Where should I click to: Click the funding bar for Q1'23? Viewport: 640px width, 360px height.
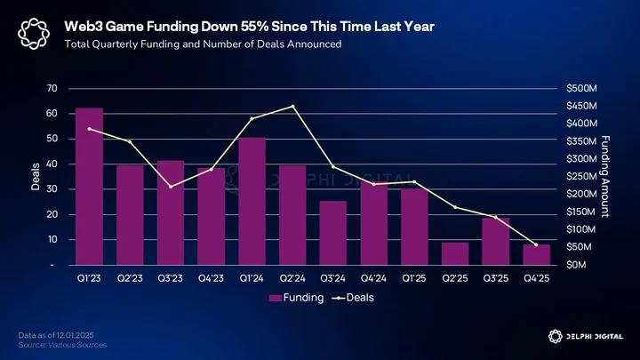pyautogui.click(x=89, y=187)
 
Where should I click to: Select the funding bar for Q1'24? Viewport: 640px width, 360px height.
pyautogui.click(x=252, y=201)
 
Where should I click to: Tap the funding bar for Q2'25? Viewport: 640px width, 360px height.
pyautogui.click(x=455, y=254)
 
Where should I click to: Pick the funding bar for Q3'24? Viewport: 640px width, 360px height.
pyautogui.click(x=333, y=233)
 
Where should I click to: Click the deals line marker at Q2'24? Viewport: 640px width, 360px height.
pyautogui.click(x=292, y=106)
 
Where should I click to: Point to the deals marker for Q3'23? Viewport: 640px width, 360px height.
pyautogui.click(x=171, y=187)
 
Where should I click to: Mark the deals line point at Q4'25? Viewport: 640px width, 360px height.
pyautogui.click(x=536, y=245)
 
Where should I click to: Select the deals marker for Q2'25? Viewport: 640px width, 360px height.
pyautogui.click(x=455, y=207)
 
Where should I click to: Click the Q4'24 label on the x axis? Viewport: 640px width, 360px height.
pyautogui.click(x=373, y=278)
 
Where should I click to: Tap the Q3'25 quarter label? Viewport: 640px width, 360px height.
pyautogui.click(x=496, y=278)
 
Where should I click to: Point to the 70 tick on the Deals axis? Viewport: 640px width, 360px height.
pyautogui.click(x=52, y=88)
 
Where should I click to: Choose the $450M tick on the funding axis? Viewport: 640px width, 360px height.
pyautogui.click(x=581, y=106)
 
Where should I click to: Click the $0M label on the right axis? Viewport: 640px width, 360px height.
pyautogui.click(x=576, y=265)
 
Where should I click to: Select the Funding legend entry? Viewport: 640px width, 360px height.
pyautogui.click(x=296, y=298)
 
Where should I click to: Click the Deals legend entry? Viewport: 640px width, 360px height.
pyautogui.click(x=353, y=298)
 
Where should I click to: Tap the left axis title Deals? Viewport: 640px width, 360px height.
pyautogui.click(x=36, y=177)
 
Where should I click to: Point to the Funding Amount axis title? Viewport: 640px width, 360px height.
pyautogui.click(x=605, y=177)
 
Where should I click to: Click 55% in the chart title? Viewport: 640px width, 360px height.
pyautogui.click(x=255, y=27)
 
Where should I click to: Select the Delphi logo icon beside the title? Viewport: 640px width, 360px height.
pyautogui.click(x=34, y=34)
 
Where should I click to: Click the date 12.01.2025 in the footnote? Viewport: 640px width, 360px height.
pyautogui.click(x=75, y=335)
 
